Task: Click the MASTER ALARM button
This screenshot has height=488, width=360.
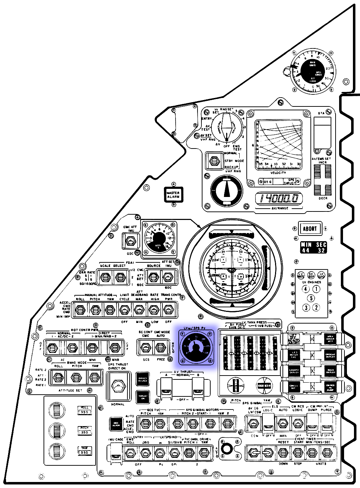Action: (173, 194)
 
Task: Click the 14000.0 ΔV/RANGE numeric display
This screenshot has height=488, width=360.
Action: (279, 198)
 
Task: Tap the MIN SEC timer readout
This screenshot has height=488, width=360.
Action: (313, 247)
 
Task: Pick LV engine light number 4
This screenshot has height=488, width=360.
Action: (306, 289)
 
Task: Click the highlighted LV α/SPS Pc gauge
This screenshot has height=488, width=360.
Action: (196, 347)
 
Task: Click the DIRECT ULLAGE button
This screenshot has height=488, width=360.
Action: (143, 379)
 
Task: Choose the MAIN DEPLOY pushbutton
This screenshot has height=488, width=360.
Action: (330, 371)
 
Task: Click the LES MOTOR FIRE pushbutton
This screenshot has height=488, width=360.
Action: (294, 355)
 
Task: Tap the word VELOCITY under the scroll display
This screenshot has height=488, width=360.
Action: (278, 173)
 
